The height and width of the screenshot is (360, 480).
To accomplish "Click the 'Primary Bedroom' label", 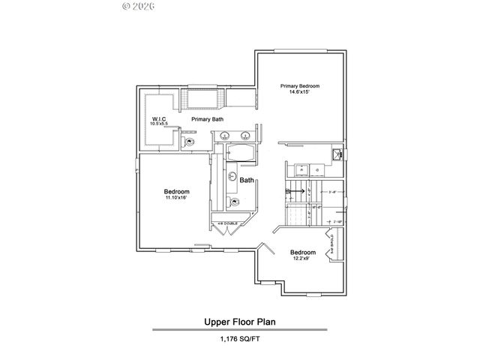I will click(300, 86).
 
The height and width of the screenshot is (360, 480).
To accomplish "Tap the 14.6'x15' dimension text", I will click(300, 93).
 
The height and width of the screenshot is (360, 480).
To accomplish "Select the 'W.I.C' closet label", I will click(158, 118).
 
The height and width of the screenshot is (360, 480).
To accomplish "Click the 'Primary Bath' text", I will click(206, 119).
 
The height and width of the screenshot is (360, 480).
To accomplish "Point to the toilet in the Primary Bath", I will click(190, 142).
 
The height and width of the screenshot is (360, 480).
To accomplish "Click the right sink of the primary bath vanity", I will click(245, 136).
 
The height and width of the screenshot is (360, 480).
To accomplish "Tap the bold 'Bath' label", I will click(247, 181).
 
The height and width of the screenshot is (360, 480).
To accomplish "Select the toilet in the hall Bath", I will click(235, 202).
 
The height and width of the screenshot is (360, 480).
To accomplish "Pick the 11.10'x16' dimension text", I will click(176, 198).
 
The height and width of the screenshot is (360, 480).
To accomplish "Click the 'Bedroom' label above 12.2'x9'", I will click(303, 252).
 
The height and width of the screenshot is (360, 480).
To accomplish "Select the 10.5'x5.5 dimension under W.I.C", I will click(158, 124).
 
